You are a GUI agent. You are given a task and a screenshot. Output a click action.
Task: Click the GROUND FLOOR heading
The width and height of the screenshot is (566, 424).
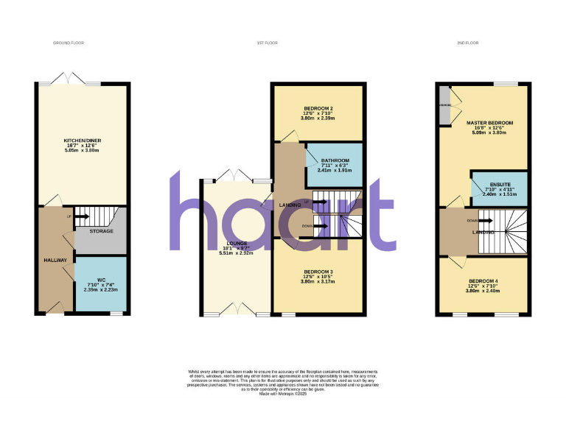(x=69, y=43)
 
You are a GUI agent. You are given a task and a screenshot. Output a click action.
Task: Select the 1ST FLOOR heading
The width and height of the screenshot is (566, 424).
(x=267, y=43)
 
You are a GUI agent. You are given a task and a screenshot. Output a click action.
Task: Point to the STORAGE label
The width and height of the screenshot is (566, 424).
(x=102, y=231)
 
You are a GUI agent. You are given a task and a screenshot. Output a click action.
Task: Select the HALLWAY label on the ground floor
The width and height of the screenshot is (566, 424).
(x=55, y=260)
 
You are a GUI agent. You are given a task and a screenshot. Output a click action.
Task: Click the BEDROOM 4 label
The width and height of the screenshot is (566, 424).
(x=483, y=280)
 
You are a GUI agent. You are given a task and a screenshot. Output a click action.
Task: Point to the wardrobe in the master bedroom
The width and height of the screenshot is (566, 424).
(x=444, y=106)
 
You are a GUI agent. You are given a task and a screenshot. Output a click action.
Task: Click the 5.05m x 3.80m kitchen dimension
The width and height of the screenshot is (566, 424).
(x=81, y=150)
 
